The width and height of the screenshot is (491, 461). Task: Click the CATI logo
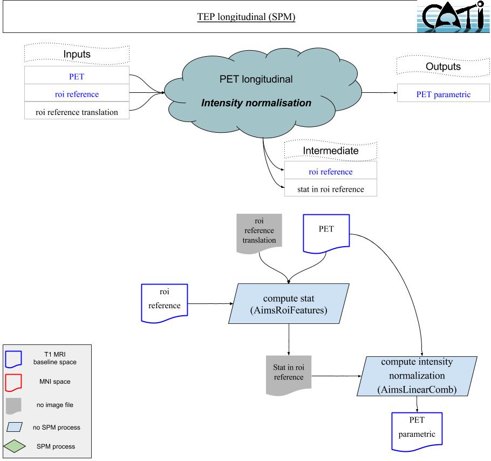pos(453,17)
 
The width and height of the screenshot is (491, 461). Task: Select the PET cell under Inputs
pos(77,76)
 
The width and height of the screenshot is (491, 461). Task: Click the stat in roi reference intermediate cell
pos(330,188)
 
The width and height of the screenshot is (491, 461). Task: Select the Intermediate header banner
pos(330,151)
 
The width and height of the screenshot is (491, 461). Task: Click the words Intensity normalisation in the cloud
pos(256,103)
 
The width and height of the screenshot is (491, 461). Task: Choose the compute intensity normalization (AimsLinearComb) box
pos(416,376)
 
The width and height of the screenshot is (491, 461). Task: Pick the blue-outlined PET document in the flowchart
pos(325,233)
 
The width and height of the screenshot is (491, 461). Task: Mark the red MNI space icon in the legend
pos(15,381)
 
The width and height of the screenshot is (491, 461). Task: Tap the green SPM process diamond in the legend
pos(15,446)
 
